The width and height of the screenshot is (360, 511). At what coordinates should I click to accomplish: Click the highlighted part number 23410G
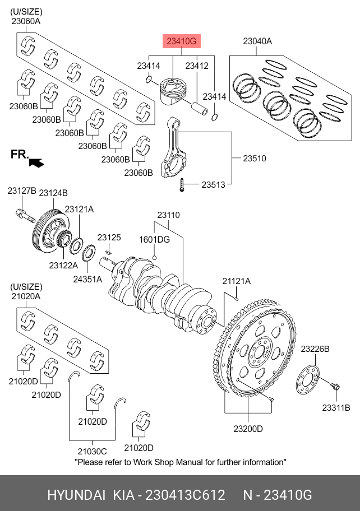point(182,41)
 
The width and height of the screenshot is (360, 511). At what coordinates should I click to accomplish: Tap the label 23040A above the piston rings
point(257,41)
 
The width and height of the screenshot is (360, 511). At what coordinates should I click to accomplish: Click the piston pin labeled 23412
point(200,108)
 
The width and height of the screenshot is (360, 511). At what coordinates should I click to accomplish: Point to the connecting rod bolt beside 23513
point(182,185)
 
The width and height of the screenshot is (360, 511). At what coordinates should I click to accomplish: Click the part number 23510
point(255,159)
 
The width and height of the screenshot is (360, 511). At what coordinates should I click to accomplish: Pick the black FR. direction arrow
point(36,162)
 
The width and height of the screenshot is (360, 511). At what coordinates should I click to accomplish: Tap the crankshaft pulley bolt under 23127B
point(25,215)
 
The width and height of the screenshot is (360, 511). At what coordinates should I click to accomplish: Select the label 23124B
point(53,193)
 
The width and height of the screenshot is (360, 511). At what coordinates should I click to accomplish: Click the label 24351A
point(87,279)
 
